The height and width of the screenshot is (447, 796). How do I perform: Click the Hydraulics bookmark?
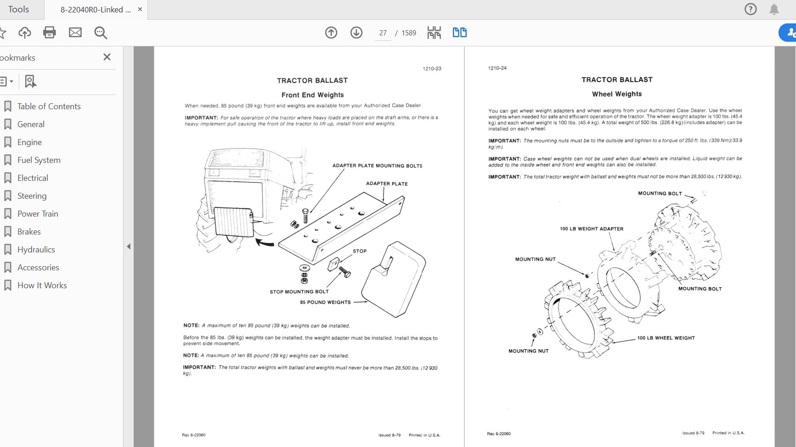(36, 250)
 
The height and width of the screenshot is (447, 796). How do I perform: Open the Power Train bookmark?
(38, 214)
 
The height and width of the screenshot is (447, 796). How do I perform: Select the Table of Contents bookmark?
(49, 106)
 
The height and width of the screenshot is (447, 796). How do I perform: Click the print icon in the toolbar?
(49, 33)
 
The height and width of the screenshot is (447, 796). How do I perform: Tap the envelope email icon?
(75, 33)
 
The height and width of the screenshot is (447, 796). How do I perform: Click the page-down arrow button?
(356, 33)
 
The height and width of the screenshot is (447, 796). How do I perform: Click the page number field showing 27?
(383, 33)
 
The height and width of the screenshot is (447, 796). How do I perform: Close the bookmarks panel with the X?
(107, 57)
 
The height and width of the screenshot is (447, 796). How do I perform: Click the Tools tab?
(18, 9)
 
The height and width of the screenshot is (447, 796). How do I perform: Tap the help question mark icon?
(751, 9)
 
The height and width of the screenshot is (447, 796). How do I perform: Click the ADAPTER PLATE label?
(387, 184)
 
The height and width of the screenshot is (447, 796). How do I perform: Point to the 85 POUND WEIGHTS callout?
(325, 302)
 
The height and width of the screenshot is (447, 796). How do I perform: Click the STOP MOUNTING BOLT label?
(299, 292)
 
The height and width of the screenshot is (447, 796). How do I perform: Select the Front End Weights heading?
(312, 95)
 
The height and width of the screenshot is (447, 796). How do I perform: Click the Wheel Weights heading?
(616, 94)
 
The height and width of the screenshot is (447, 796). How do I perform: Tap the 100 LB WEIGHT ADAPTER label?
(591, 229)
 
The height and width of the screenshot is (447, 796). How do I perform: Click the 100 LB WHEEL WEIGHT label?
(666, 338)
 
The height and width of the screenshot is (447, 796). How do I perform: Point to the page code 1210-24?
(497, 68)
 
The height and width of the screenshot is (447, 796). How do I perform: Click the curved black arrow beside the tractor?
(265, 242)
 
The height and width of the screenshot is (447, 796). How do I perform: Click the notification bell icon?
(774, 9)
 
